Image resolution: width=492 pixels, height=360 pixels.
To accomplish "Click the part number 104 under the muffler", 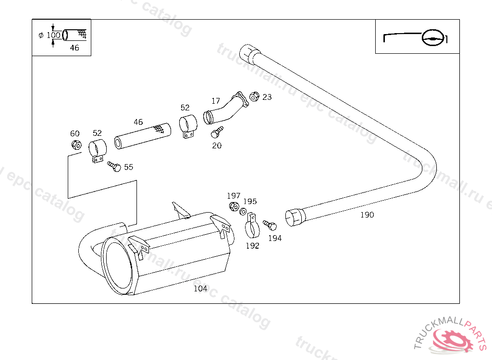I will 200,288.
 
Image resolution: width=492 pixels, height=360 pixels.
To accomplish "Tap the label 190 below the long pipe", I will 367,215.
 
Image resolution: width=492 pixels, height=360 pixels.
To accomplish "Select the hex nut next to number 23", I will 255,96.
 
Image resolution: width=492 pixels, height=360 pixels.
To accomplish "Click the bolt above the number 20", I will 217,131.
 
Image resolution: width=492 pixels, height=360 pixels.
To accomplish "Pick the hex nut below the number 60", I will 75,144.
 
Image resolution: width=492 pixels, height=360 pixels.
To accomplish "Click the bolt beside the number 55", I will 115,167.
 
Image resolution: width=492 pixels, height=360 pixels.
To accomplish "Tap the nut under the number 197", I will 234,206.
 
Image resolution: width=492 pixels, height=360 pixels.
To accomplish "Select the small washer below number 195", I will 243,212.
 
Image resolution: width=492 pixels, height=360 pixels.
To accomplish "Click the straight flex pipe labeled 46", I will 142,135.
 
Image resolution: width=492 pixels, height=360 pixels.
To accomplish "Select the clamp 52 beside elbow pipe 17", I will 188,126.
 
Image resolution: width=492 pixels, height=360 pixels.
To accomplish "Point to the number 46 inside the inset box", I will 74,48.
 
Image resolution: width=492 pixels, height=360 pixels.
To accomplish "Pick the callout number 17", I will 216,101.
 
